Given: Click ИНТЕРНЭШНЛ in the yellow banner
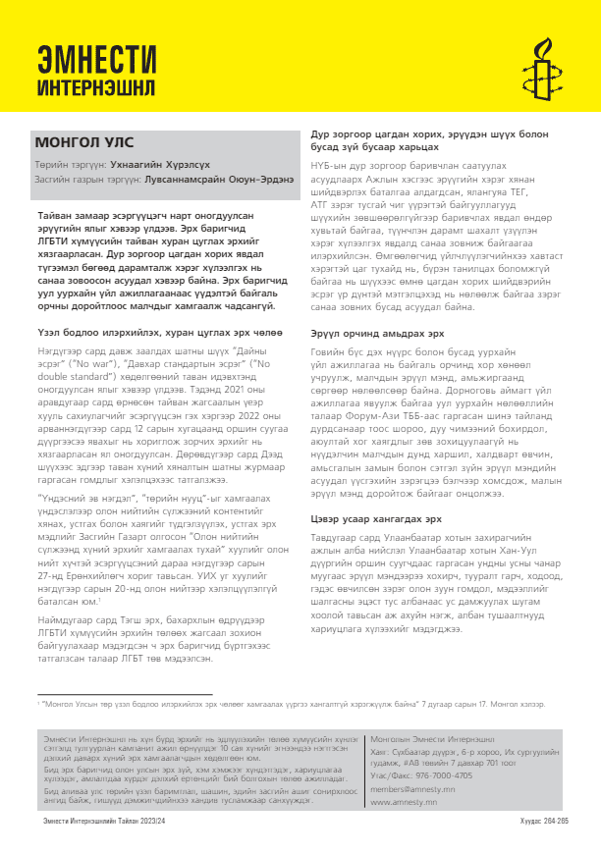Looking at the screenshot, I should pos(95,86).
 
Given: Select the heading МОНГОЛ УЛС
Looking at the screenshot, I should pos(76,142).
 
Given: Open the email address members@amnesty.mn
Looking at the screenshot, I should pos(412,788).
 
